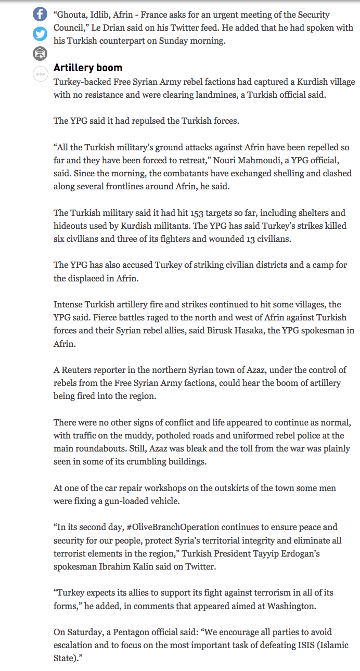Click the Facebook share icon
40,14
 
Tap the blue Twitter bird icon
40,34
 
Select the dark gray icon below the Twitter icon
40,53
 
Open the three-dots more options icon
40,74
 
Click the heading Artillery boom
88,68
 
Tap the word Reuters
81,370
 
